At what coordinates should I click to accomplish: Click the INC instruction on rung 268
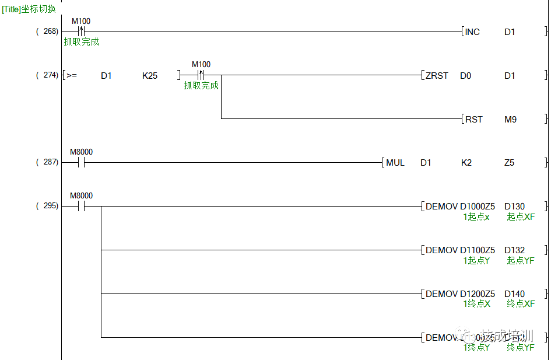pos(472,32)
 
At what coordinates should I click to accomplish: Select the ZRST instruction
pos(437,76)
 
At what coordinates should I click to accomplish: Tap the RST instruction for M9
pos(473,120)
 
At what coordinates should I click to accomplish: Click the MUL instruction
pos(395,163)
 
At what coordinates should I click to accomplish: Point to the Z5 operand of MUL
pos(509,163)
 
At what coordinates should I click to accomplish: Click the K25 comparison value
pos(150,76)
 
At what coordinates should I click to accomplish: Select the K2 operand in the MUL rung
pos(466,163)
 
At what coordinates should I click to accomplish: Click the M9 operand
pos(510,120)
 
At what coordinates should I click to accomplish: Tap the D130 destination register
pos(514,207)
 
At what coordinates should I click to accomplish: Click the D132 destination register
pos(514,250)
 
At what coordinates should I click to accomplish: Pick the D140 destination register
pos(514,294)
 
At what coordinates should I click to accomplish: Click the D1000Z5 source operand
pos(478,207)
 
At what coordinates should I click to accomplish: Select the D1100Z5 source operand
pos(478,250)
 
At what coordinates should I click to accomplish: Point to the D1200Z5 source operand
pos(478,294)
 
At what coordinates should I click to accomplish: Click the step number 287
pos(50,162)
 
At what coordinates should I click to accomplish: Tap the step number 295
pos(50,206)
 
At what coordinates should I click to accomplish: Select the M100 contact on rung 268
pos(81,32)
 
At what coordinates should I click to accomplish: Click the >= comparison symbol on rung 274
pos(71,76)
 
